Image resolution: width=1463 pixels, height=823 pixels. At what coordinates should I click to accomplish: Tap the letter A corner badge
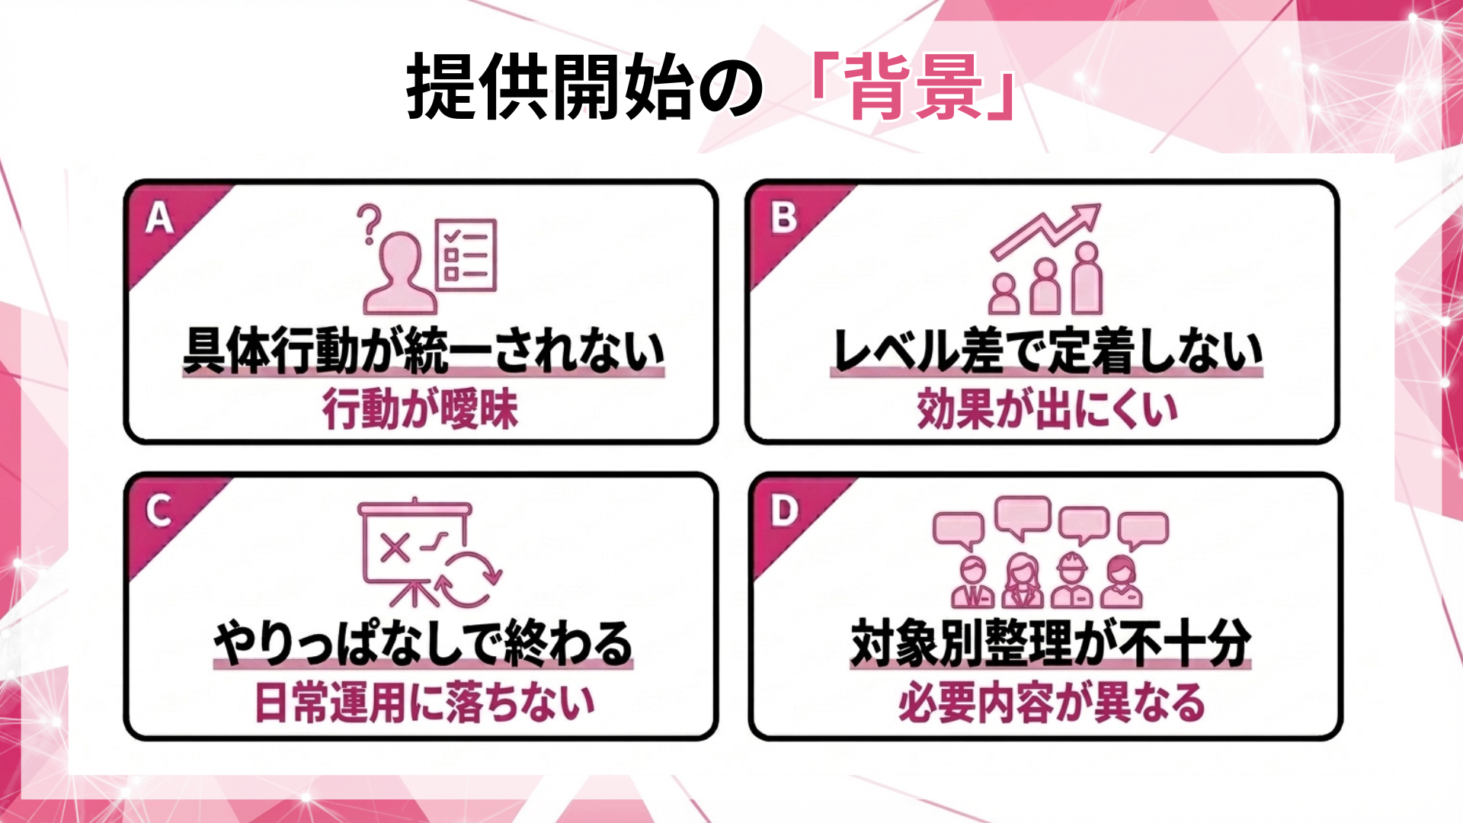[x=159, y=219]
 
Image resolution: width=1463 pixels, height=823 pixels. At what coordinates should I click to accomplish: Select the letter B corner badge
[x=783, y=218]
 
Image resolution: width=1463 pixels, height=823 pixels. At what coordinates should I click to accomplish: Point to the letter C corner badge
[x=158, y=511]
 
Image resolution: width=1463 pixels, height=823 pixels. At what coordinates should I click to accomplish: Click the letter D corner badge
[x=784, y=511]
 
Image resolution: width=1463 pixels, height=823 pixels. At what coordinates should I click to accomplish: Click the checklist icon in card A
[x=466, y=255]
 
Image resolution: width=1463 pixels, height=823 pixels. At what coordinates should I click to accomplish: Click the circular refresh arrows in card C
[x=468, y=578]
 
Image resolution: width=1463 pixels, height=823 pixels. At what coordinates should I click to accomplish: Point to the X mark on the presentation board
[x=394, y=547]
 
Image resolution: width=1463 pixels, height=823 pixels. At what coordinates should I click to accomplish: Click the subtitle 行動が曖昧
[x=420, y=410]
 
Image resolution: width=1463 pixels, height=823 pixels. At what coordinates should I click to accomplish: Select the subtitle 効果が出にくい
[x=1047, y=410]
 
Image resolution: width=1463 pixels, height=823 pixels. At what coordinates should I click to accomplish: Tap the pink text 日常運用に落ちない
[x=424, y=703]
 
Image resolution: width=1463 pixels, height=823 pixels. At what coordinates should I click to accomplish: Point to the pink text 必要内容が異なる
[x=1051, y=703]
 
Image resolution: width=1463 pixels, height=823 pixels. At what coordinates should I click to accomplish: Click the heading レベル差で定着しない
[x=1047, y=351]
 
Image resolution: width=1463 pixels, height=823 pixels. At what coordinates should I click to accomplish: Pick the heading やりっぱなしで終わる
[x=423, y=644]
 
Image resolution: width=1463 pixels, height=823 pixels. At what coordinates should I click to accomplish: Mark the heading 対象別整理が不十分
[x=1050, y=644]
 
